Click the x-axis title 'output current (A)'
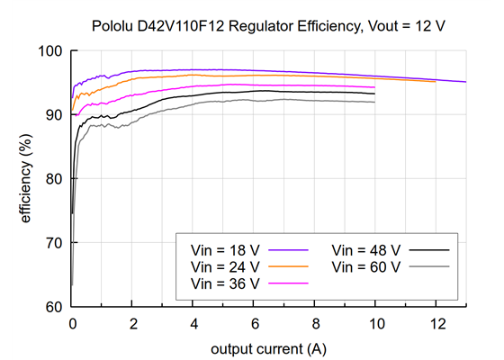269,346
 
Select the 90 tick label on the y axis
54,115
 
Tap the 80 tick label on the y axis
54,179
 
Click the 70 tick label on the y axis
54,243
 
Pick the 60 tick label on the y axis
54,307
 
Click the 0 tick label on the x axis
72,323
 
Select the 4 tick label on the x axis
193,323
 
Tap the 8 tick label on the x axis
315,323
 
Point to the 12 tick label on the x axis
436,323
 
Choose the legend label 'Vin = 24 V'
226,267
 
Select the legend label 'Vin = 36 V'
226,283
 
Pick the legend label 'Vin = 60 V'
366,267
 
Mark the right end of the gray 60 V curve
374,103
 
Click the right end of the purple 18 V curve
466,82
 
